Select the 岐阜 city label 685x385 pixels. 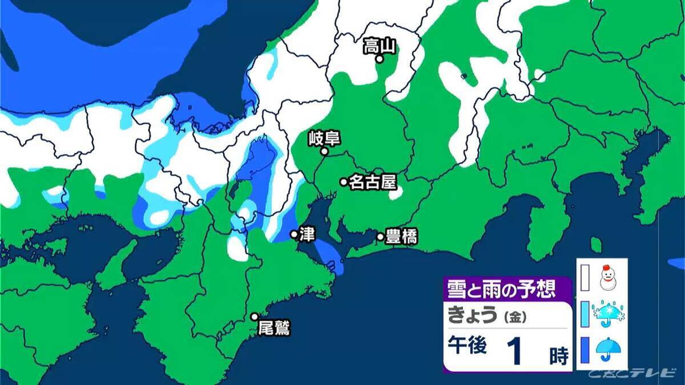(x=324, y=138)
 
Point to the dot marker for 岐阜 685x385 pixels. (x=324, y=152)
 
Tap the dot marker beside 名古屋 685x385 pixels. (x=344, y=182)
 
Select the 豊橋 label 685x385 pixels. (x=401, y=237)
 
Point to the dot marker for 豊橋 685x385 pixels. (x=380, y=237)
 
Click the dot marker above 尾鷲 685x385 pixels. (x=255, y=317)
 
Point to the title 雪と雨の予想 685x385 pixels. (x=501, y=289)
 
